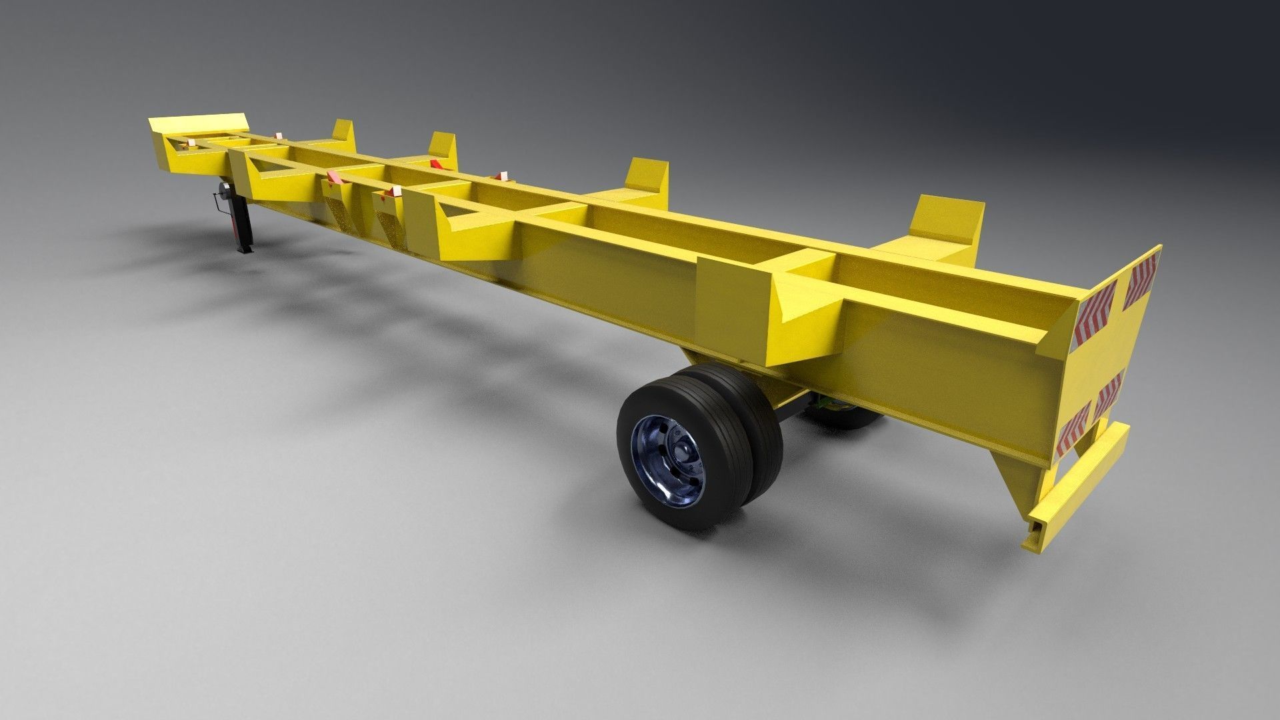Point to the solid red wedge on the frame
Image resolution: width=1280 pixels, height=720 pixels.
coord(437,164)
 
